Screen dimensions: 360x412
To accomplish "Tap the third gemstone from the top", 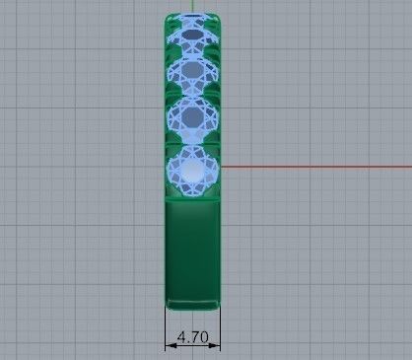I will click(192, 116).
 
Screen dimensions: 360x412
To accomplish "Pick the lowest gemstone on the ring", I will click(192, 171).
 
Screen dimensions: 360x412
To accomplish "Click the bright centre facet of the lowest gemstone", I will click(192, 172).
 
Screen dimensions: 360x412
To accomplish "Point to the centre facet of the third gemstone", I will click(192, 117).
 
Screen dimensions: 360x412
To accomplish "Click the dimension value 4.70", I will click(192, 337).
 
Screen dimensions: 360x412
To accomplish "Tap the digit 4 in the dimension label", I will click(182, 337).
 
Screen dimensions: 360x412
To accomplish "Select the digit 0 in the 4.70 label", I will click(202, 337).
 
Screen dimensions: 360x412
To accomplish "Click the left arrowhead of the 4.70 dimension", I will click(168, 345).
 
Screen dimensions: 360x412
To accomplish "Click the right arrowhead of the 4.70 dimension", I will click(218, 345).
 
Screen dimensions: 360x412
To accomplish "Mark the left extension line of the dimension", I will click(165, 325).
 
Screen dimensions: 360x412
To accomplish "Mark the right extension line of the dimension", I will click(221, 325).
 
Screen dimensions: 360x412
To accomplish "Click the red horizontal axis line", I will click(315, 167).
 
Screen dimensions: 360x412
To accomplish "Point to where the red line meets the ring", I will click(222, 167).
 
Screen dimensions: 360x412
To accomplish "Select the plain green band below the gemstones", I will click(192, 247).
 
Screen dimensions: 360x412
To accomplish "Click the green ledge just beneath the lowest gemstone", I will click(192, 201).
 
